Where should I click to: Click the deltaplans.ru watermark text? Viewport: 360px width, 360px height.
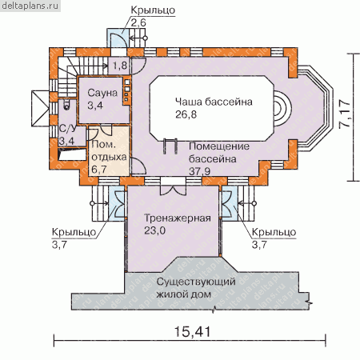tap(30, 6)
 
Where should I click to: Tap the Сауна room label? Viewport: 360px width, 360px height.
tap(102, 93)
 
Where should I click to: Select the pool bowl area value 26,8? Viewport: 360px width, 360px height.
tap(186, 114)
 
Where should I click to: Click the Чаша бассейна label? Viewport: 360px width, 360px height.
tap(214, 102)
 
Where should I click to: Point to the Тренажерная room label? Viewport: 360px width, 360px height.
tap(178, 218)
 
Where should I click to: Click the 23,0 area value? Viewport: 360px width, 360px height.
tap(154, 230)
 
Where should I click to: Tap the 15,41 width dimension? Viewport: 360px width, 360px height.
tap(192, 332)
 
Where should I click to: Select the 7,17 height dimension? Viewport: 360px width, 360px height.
tap(345, 114)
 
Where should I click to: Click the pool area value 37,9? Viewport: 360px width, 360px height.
tap(199, 171)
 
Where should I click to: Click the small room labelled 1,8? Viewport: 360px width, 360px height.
tap(120, 66)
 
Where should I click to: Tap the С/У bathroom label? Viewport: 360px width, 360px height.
tap(67, 129)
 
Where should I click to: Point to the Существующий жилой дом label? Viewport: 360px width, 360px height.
tap(196, 288)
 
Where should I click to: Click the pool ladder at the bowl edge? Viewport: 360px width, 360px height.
tap(170, 146)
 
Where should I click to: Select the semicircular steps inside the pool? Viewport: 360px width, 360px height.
tap(282, 109)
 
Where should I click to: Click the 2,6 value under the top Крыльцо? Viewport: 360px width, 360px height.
tap(138, 23)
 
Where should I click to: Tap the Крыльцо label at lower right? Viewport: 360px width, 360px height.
tap(274, 232)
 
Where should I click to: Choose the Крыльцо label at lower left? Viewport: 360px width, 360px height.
tap(74, 232)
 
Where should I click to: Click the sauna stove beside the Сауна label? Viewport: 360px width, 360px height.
tap(126, 91)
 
